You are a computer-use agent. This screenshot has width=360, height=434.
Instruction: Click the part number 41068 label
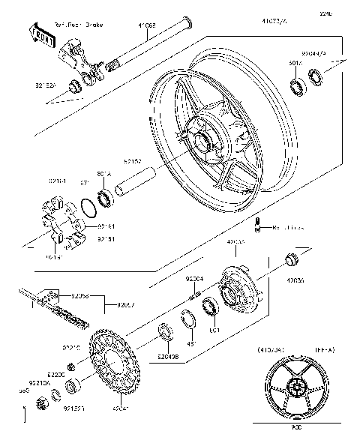tap(147, 25)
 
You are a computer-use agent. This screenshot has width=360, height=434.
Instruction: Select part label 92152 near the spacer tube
tap(133, 160)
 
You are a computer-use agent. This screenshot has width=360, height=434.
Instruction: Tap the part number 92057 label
tap(126, 305)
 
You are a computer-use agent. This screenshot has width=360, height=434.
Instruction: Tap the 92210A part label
tap(40, 382)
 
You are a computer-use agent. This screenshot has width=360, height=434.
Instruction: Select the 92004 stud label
tap(194, 279)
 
